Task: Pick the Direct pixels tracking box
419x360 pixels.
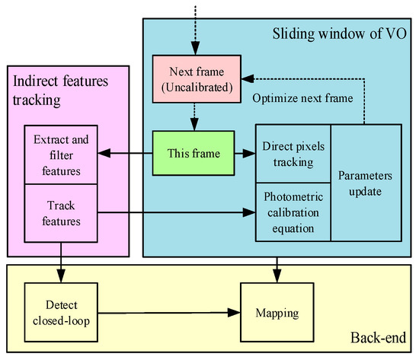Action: (292, 154)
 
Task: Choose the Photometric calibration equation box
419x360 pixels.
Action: (292, 212)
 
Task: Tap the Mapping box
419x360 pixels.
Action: (277, 311)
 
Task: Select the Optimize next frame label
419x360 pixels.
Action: (307, 98)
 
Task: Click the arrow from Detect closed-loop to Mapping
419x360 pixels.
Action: (167, 311)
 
